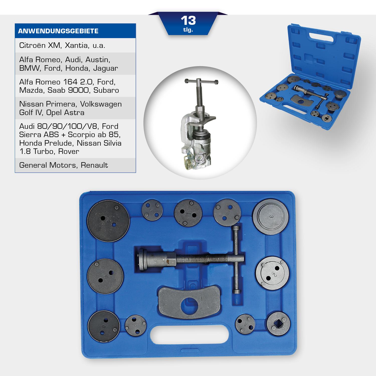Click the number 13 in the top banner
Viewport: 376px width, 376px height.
[x=188, y=20]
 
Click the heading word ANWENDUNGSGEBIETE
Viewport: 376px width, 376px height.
[x=58, y=31]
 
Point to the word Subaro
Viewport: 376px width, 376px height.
[x=106, y=90]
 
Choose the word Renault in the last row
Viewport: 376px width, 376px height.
[x=94, y=165]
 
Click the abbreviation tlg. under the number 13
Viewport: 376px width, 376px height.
[x=188, y=30]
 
